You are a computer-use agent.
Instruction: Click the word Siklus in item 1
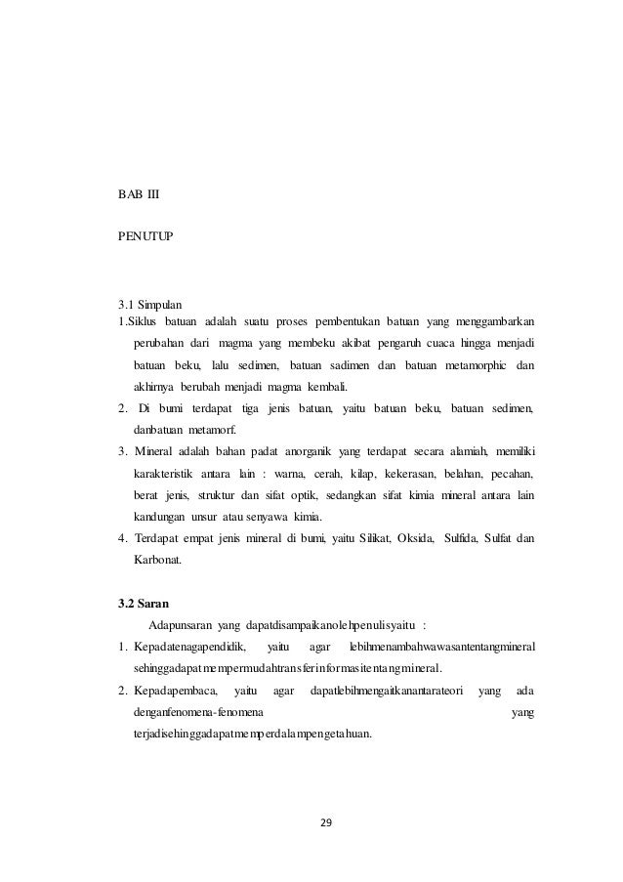pos(142,321)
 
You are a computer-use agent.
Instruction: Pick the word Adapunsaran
pos(182,625)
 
